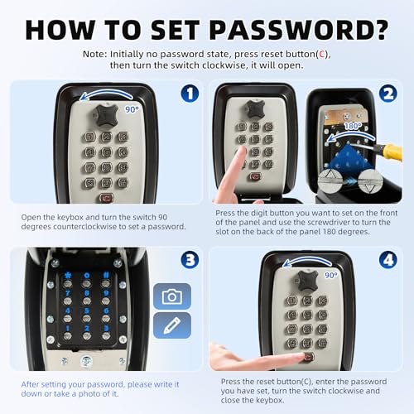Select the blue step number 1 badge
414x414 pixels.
(x=190, y=93)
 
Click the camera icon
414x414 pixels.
(x=171, y=296)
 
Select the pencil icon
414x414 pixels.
(x=171, y=325)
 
